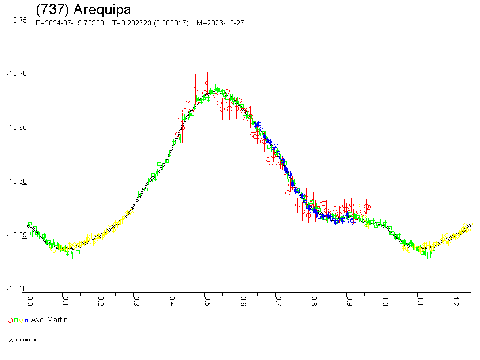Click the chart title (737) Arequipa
coord(83,9)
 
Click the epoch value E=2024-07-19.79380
coord(70,23)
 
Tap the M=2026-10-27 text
coord(220,23)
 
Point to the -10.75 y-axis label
coord(16,20)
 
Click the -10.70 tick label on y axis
coord(16,74)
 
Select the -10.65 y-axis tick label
coord(16,128)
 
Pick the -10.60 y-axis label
coord(16,182)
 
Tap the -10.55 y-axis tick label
coord(16,235)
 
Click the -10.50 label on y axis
coord(16,289)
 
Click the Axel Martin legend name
coord(49,320)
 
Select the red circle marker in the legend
coord(10,320)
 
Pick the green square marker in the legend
coord(16,320)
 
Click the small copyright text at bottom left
coord(22,340)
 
